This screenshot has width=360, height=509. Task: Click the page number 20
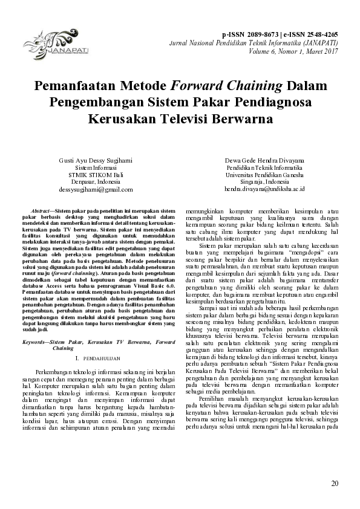[x=335, y=484]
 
